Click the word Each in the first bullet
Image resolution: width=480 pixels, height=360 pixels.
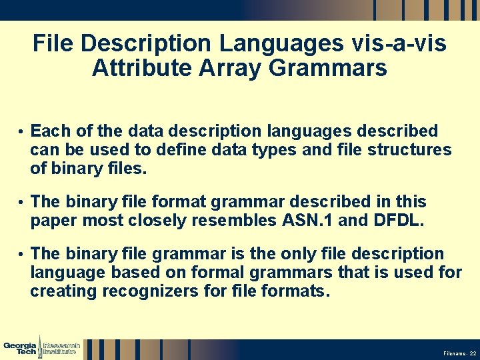47,131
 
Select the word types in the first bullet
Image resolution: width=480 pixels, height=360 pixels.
275,150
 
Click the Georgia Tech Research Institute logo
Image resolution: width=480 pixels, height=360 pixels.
41,349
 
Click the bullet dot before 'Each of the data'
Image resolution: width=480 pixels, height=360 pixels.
21,131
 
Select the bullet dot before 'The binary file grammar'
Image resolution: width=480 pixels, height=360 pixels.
21,255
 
